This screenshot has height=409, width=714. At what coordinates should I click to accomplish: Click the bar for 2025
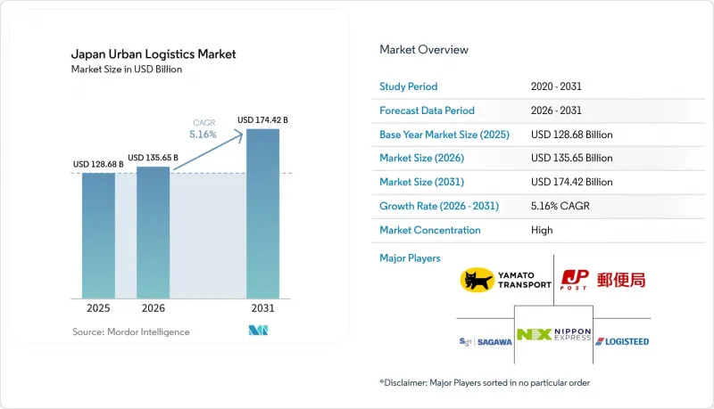98,235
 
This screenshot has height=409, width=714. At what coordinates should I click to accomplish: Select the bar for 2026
153,233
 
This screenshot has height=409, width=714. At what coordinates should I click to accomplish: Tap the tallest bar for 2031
262,214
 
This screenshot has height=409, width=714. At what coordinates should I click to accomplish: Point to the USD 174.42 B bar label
262,120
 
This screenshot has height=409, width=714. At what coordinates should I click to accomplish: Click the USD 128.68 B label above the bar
98,164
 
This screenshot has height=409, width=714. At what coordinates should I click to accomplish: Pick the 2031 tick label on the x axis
262,308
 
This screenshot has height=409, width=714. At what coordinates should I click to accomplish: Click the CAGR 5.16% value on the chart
203,135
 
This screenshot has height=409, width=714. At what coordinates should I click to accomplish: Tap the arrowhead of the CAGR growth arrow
238,134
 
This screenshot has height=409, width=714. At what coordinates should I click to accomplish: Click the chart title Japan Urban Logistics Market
154,54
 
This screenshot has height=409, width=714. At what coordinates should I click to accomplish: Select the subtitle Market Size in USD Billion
127,70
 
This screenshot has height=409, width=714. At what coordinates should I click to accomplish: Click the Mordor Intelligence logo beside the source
258,331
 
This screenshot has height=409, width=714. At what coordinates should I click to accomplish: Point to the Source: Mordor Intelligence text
130,331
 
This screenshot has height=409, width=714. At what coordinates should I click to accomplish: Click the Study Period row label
409,86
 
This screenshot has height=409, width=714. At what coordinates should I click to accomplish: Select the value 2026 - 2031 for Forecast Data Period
556,110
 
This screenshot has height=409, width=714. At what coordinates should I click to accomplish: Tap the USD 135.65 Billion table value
571,158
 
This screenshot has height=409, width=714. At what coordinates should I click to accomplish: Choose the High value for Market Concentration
542,230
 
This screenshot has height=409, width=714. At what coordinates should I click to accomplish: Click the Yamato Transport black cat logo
477,280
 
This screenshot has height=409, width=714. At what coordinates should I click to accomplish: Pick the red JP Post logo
575,280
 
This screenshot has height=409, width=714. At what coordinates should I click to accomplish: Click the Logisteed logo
622,341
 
